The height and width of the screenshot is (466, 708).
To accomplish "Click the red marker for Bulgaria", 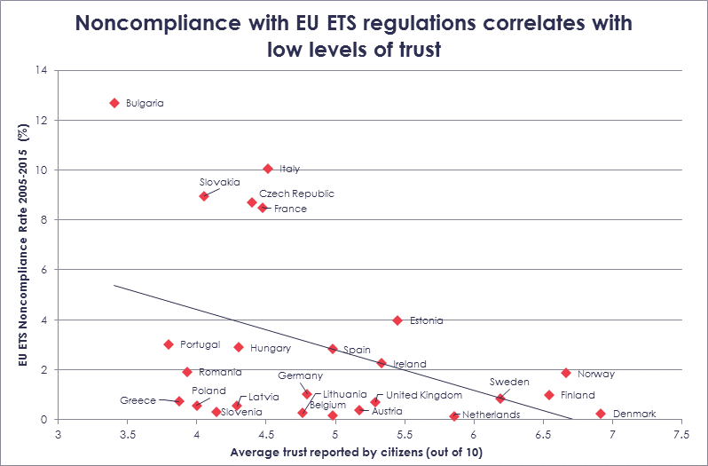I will click(x=114, y=103).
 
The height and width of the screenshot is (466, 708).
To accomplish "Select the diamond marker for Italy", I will click(x=268, y=168).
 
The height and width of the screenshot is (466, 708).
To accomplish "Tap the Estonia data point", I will click(x=397, y=320).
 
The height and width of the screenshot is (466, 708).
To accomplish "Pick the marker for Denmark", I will click(x=601, y=414).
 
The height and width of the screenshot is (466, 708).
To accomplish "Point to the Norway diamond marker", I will click(x=566, y=373).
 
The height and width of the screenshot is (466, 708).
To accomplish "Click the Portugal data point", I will click(x=169, y=344).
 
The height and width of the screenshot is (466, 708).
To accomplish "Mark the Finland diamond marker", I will click(x=549, y=395).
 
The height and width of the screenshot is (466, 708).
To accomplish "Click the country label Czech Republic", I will click(x=296, y=194).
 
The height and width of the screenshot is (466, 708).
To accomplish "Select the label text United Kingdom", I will click(x=424, y=395).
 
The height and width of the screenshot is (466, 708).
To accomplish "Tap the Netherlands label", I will click(x=492, y=415).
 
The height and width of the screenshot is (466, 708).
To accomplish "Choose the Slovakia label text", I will click(x=220, y=182).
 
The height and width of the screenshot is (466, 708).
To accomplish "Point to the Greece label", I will click(x=138, y=401).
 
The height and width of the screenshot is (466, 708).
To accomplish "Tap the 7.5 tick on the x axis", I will click(x=680, y=435).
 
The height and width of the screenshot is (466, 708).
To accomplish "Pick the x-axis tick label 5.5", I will click(x=404, y=435).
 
